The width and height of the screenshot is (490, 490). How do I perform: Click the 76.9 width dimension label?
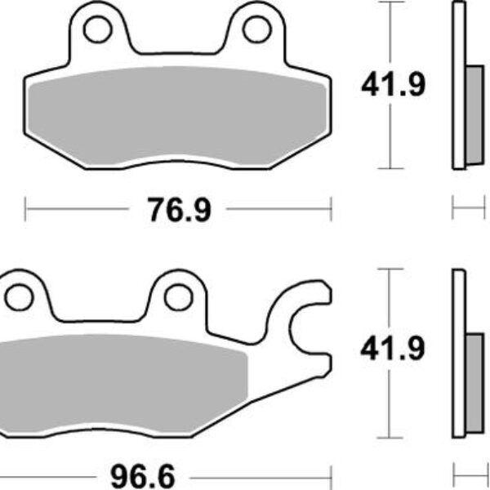coord(180,209)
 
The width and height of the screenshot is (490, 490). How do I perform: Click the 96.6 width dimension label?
coord(142,477)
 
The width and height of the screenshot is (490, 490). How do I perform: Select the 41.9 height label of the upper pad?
coord(393,84)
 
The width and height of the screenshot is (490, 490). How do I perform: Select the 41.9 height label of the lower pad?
coord(393,348)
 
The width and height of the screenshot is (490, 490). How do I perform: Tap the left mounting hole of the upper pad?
coord(97,29)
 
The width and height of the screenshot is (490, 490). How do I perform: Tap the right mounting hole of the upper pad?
coord(257,29)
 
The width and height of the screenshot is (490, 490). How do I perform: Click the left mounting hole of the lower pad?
coord(19,297)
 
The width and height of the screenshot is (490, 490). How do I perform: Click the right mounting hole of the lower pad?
coord(178,297)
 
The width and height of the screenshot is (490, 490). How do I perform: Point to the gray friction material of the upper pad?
coord(177,116)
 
